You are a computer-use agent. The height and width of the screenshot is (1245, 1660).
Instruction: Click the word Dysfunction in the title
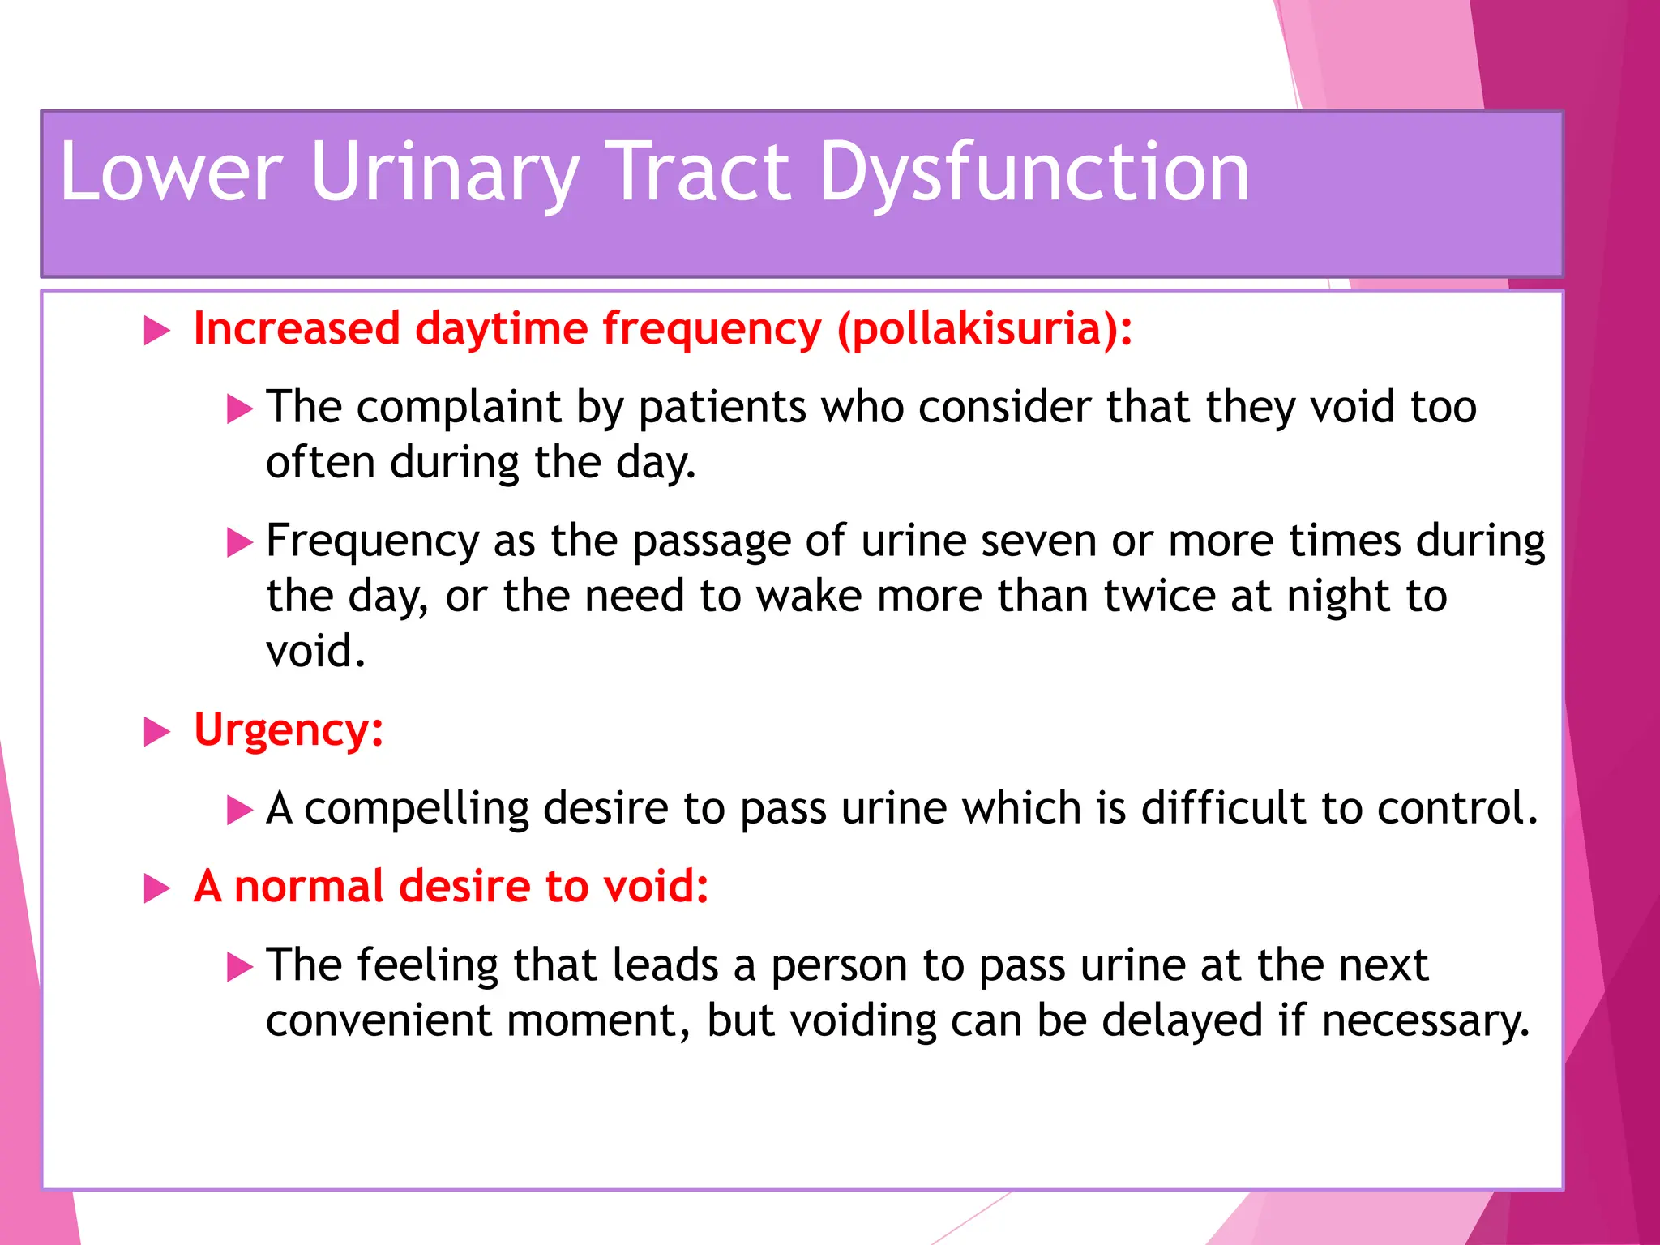click(x=1034, y=172)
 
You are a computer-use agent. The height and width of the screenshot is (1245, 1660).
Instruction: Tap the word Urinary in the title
click(x=444, y=172)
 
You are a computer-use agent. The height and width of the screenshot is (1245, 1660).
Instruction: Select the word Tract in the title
click(x=699, y=172)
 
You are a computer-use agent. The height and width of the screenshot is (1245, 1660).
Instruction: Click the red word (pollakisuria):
click(x=985, y=330)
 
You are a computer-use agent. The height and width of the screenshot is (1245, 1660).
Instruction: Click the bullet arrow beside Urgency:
click(x=156, y=732)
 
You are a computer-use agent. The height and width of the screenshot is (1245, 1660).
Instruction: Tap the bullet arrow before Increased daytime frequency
click(x=156, y=331)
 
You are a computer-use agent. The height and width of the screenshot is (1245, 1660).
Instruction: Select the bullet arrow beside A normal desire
click(x=156, y=888)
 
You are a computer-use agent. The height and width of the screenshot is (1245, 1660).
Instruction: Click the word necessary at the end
click(x=1425, y=1020)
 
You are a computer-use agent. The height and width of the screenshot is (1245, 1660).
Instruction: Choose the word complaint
click(x=459, y=408)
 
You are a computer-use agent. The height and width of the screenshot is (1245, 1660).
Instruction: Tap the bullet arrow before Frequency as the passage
click(x=240, y=542)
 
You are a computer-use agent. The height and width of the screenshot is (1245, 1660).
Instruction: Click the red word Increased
click(x=297, y=330)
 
